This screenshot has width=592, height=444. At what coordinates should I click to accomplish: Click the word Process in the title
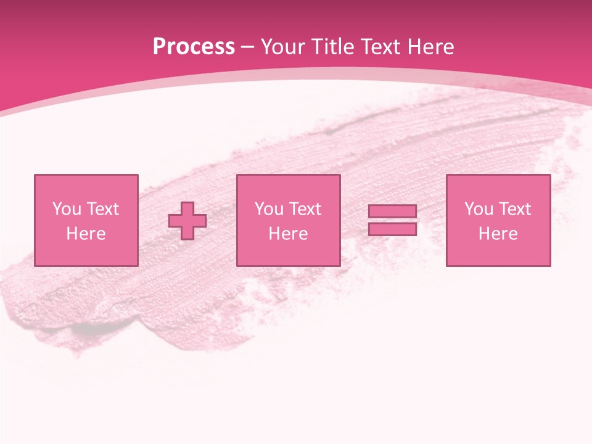tap(194, 47)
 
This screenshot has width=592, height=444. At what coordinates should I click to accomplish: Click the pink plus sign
tap(187, 221)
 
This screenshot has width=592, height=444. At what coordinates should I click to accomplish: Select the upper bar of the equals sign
tap(392, 212)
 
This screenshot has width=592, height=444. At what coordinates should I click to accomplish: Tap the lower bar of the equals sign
tap(392, 229)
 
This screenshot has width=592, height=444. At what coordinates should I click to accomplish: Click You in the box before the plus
tap(67, 209)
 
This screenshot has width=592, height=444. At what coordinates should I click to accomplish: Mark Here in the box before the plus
tap(86, 234)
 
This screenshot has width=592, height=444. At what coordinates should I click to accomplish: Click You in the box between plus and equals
tap(269, 209)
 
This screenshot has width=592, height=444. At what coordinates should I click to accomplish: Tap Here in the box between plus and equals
tap(288, 234)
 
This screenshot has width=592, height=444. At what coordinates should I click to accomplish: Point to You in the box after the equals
tap(479, 209)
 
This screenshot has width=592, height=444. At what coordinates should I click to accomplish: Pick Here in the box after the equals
tap(498, 234)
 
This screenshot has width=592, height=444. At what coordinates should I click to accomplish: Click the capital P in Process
tap(160, 47)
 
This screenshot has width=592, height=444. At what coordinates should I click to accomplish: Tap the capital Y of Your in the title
tap(266, 47)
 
